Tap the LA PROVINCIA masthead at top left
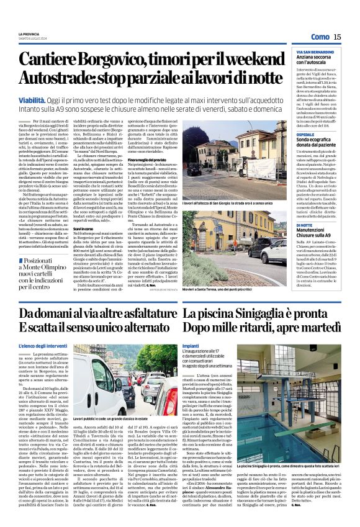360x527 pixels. click(29, 33)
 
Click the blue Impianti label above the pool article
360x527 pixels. click(191, 345)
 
